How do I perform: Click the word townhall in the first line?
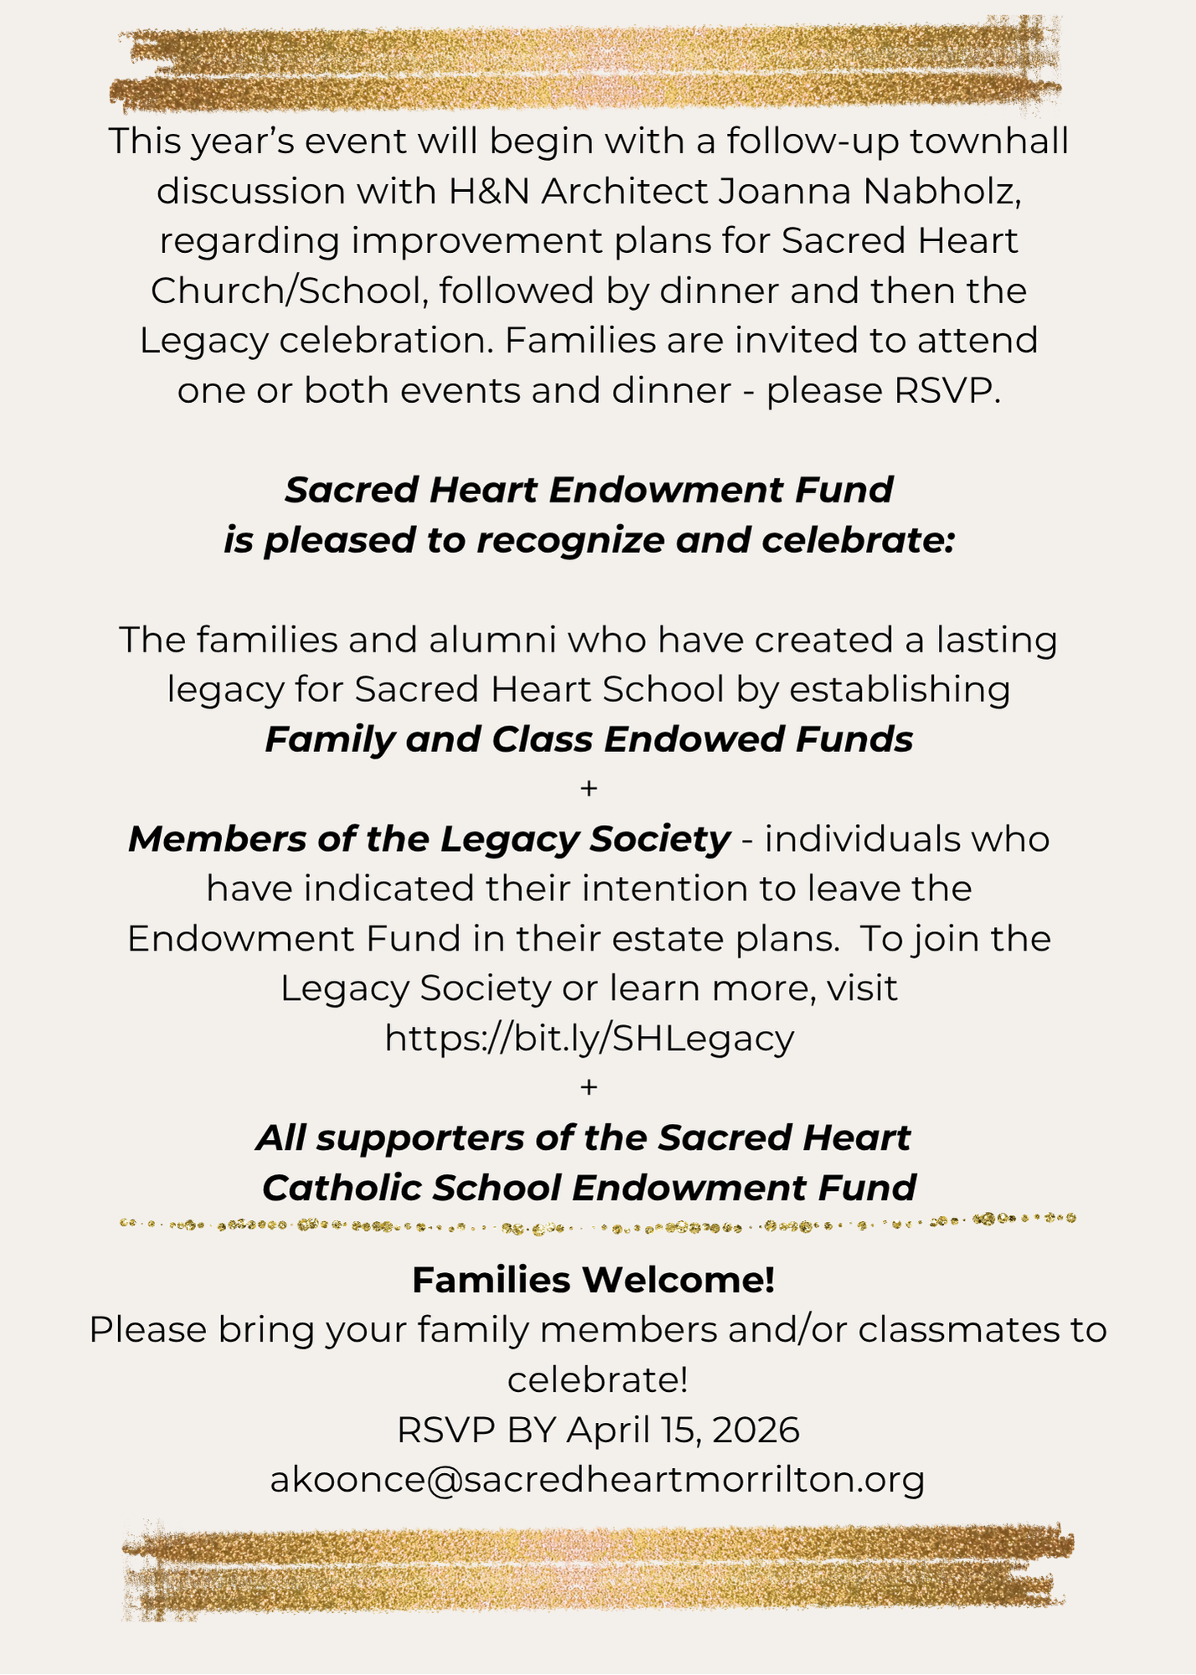988,142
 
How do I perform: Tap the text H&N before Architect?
490,192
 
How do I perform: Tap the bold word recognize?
576,541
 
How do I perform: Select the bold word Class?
543,740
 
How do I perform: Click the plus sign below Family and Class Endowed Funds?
589,789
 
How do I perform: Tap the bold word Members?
217,840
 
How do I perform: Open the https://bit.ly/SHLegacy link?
589,1039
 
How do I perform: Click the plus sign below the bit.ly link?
589,1088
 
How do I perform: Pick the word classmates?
957,1331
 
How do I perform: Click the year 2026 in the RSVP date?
756,1430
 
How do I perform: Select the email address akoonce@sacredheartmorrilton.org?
597,1480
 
